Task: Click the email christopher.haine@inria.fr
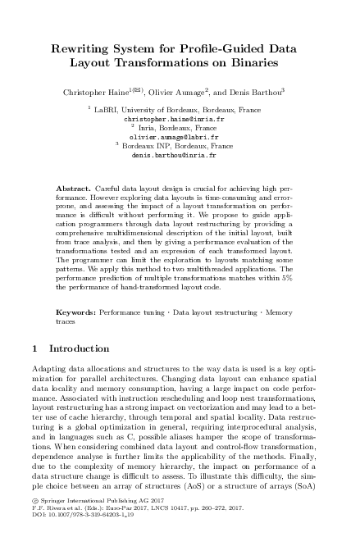click(x=179, y=119)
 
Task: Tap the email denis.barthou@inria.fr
click(x=179, y=154)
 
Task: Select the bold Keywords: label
click(x=80, y=313)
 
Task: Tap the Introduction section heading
click(x=79, y=348)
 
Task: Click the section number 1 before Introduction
click(x=34, y=348)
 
